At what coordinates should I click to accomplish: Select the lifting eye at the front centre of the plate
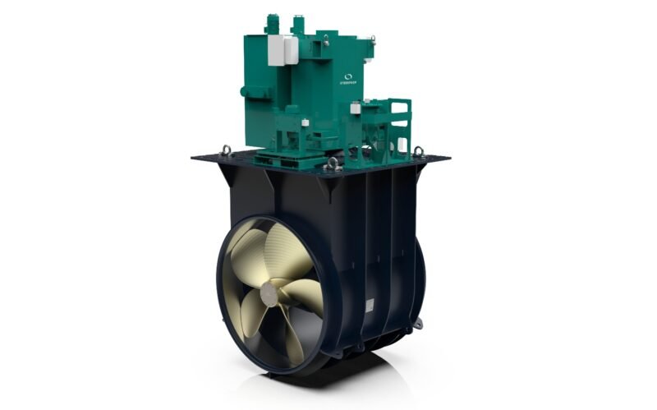pos(332,163)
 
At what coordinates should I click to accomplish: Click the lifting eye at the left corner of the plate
pos(224,150)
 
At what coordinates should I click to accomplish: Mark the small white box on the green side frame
pos(356,108)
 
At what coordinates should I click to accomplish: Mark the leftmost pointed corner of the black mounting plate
pos(194,157)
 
